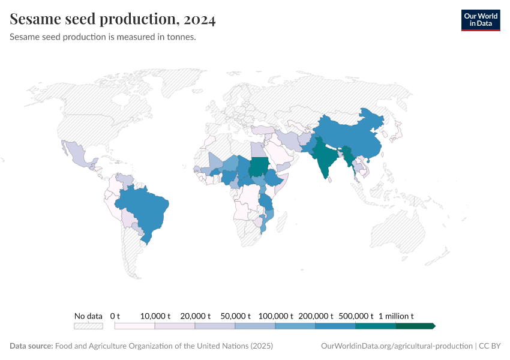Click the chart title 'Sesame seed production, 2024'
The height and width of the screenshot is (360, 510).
tap(113, 20)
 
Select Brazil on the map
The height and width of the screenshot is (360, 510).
tap(147, 210)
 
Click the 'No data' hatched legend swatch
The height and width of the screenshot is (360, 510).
tap(88, 326)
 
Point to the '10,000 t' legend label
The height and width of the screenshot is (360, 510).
tap(155, 316)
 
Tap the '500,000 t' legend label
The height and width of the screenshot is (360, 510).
tap(356, 316)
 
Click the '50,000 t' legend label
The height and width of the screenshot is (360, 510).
tap(236, 316)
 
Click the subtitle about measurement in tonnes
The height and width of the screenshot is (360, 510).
tap(103, 37)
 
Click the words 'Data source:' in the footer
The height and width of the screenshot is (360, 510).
tap(31, 346)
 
